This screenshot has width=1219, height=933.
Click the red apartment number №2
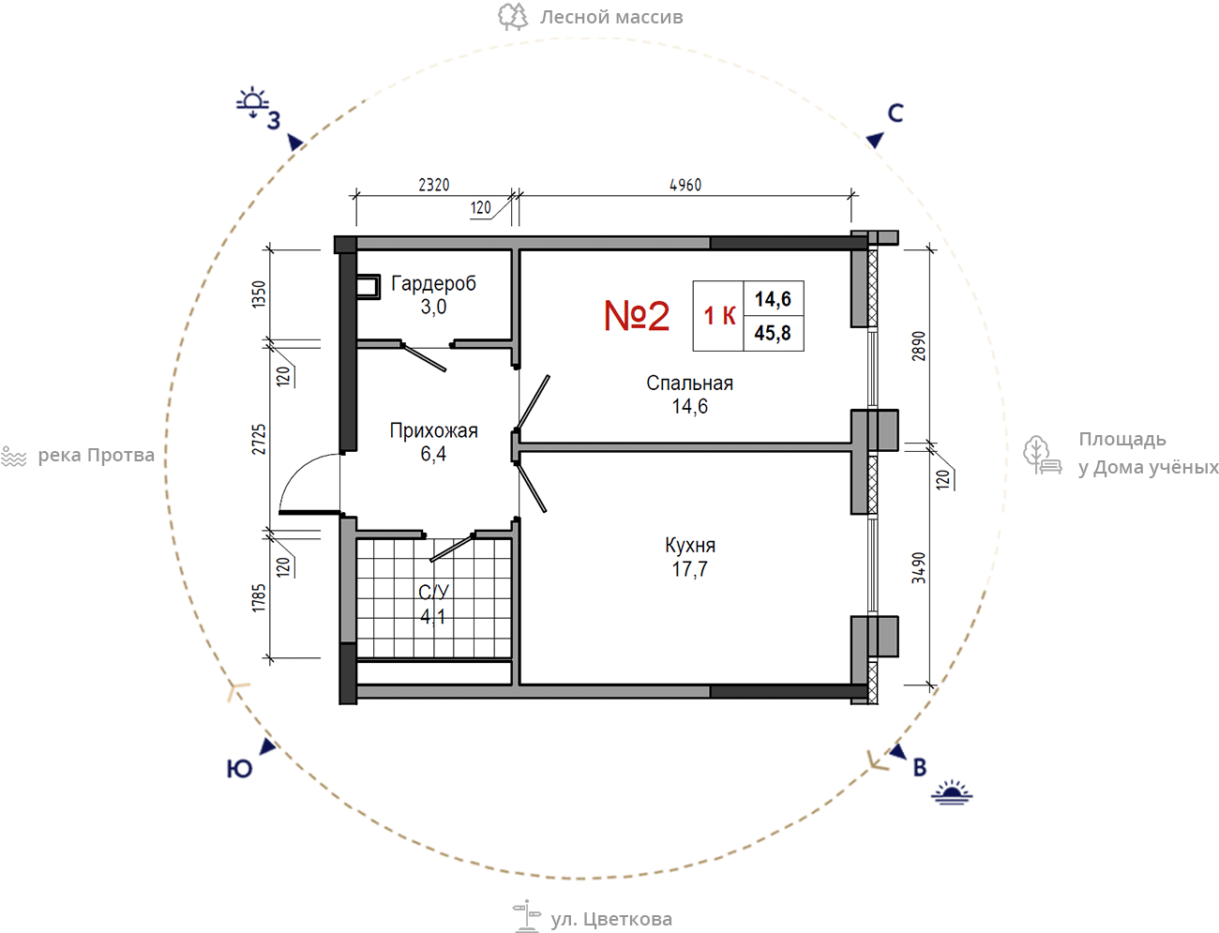pyautogui.click(x=637, y=315)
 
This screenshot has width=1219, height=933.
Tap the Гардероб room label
pyautogui.click(x=434, y=284)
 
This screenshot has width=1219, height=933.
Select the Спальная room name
pyautogui.click(x=690, y=384)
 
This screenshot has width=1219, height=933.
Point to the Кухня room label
pyautogui.click(x=690, y=546)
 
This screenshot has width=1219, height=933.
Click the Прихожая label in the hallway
pyautogui.click(x=434, y=431)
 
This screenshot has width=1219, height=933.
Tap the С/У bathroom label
pyautogui.click(x=433, y=592)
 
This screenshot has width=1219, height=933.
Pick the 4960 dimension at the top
pyautogui.click(x=685, y=185)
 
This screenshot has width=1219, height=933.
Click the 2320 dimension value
pyautogui.click(x=434, y=185)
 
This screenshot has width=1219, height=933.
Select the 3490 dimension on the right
pyautogui.click(x=919, y=567)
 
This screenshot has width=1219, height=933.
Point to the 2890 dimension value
pyautogui.click(x=919, y=347)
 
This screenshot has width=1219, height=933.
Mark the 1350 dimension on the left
pyautogui.click(x=259, y=294)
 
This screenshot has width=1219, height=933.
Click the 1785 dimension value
pyautogui.click(x=259, y=598)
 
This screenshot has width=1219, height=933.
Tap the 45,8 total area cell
pyautogui.click(x=773, y=333)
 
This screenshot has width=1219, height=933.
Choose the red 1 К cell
pyautogui.click(x=719, y=315)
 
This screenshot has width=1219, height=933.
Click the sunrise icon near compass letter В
pyautogui.click(x=952, y=792)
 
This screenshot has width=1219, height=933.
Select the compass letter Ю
pyautogui.click(x=239, y=770)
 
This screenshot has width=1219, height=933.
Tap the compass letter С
pyautogui.click(x=895, y=113)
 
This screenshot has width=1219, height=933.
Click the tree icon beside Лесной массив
pyautogui.click(x=513, y=16)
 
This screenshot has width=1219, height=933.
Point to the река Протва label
pyautogui.click(x=97, y=455)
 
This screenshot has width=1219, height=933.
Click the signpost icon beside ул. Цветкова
pyautogui.click(x=526, y=916)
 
